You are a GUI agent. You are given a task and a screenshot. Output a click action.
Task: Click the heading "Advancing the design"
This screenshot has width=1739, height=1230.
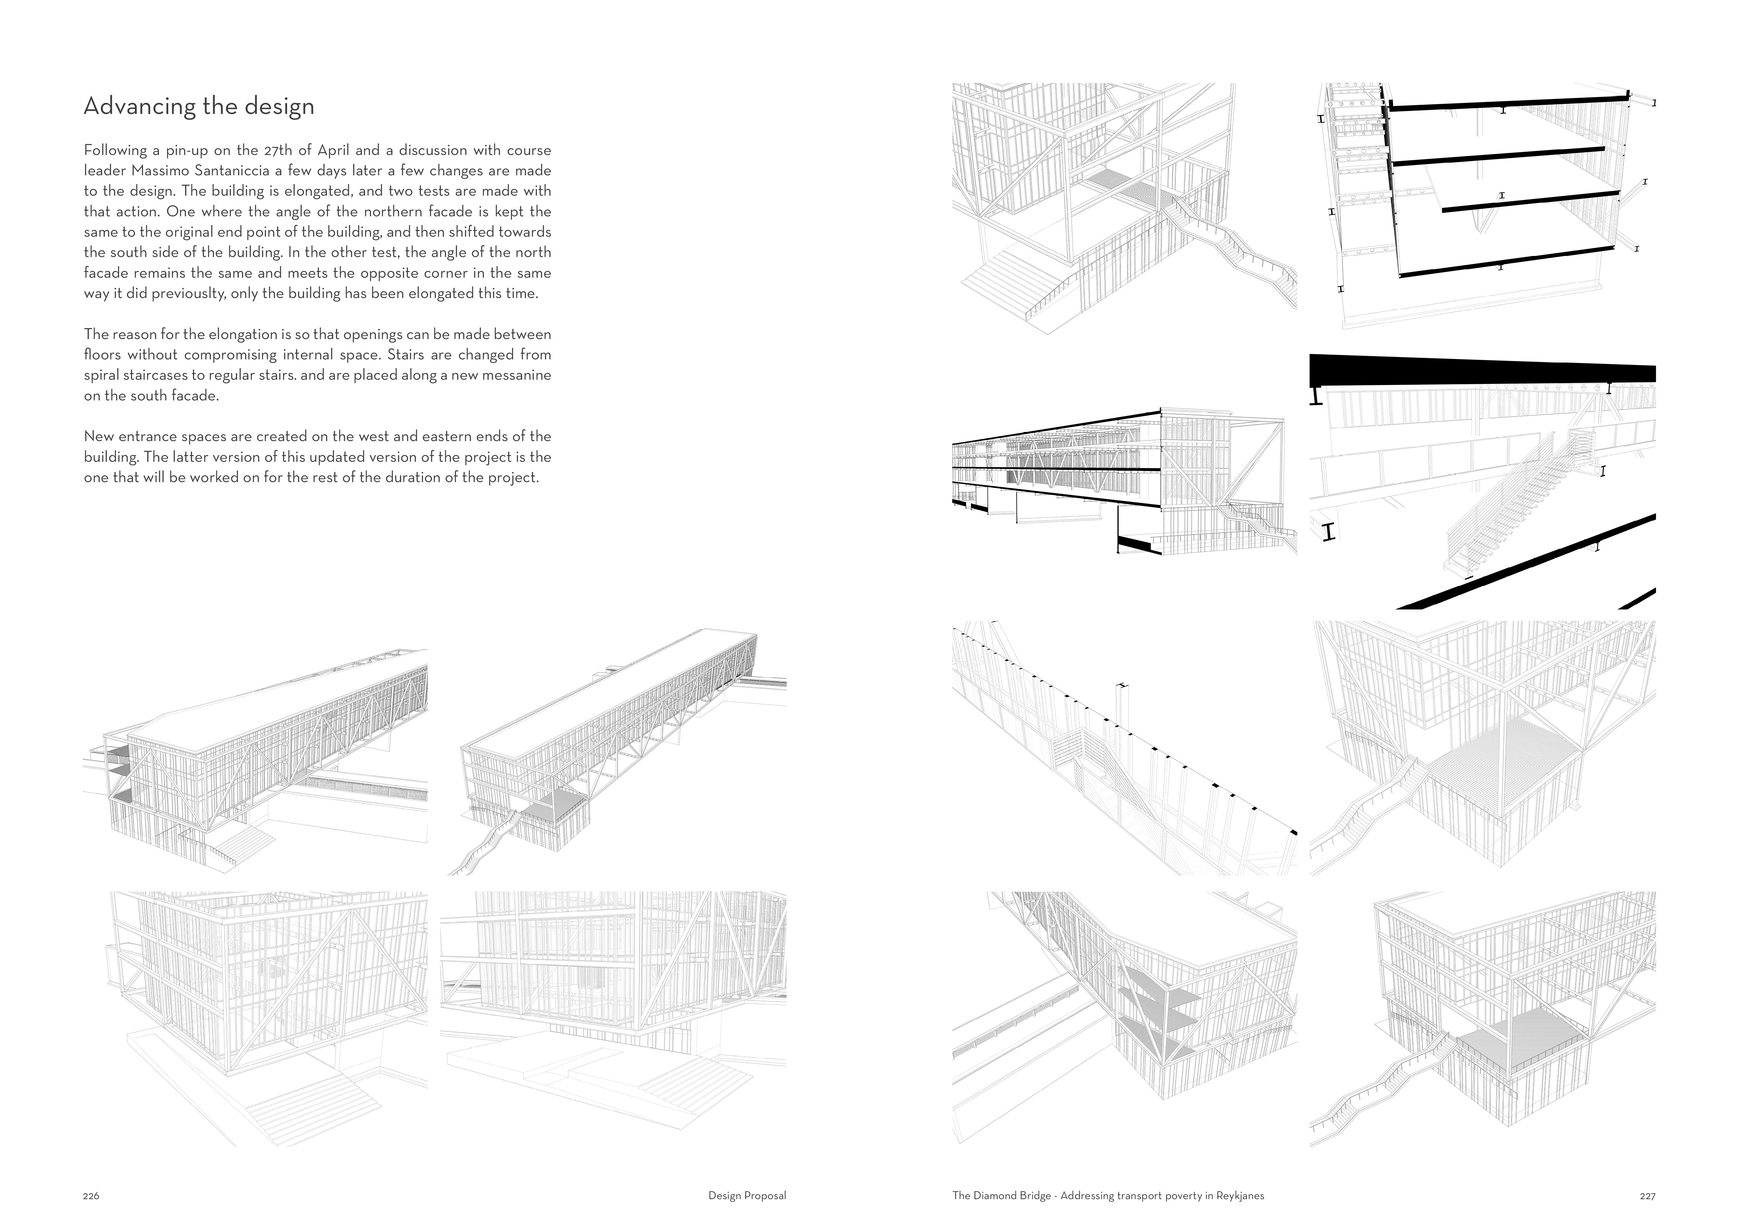(x=198, y=106)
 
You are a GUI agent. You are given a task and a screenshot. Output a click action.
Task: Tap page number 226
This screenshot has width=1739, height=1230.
(x=91, y=1196)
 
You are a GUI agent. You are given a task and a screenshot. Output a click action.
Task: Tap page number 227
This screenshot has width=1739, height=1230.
(x=1648, y=1196)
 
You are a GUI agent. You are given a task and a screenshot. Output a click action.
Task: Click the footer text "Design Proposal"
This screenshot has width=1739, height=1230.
(x=747, y=1196)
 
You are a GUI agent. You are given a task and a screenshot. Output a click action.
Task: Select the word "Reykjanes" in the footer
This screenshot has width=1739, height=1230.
(x=1240, y=1196)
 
